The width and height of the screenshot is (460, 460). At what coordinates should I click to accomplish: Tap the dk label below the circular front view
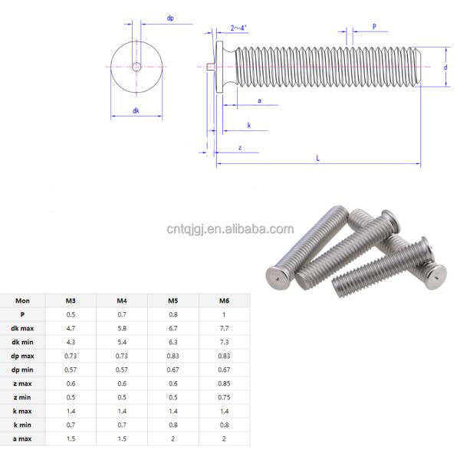tap(135, 110)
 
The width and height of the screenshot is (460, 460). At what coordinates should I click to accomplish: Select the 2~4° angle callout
tap(239, 28)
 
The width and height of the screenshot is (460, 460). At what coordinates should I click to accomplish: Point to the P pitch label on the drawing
tap(374, 27)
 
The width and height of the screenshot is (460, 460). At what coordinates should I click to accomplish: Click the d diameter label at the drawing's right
tap(445, 67)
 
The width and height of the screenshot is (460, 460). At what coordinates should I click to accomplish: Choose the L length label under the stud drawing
tap(317, 157)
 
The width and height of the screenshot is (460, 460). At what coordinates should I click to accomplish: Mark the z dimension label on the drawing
tap(240, 146)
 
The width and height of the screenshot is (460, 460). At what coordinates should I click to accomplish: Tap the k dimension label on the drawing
tap(249, 124)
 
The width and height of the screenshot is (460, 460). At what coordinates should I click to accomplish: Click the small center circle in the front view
tap(136, 67)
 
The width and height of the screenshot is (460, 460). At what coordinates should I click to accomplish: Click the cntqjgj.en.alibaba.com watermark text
tap(230, 228)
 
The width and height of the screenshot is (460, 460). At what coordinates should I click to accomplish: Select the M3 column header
tap(71, 301)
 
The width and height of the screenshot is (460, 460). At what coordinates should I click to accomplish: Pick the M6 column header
tap(225, 301)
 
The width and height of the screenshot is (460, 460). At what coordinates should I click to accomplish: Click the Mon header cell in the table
tap(23, 301)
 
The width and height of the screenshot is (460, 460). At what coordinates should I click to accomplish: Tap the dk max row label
tap(23, 328)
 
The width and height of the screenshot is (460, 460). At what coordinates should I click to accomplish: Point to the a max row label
tap(23, 438)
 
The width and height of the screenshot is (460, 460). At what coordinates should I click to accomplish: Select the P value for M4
tap(122, 314)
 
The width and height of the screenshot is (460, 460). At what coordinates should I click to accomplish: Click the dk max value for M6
tap(225, 328)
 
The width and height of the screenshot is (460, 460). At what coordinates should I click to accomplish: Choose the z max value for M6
tap(225, 383)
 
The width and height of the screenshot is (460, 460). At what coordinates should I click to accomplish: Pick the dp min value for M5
tap(173, 370)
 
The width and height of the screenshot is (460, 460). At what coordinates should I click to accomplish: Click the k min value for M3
tap(71, 424)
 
